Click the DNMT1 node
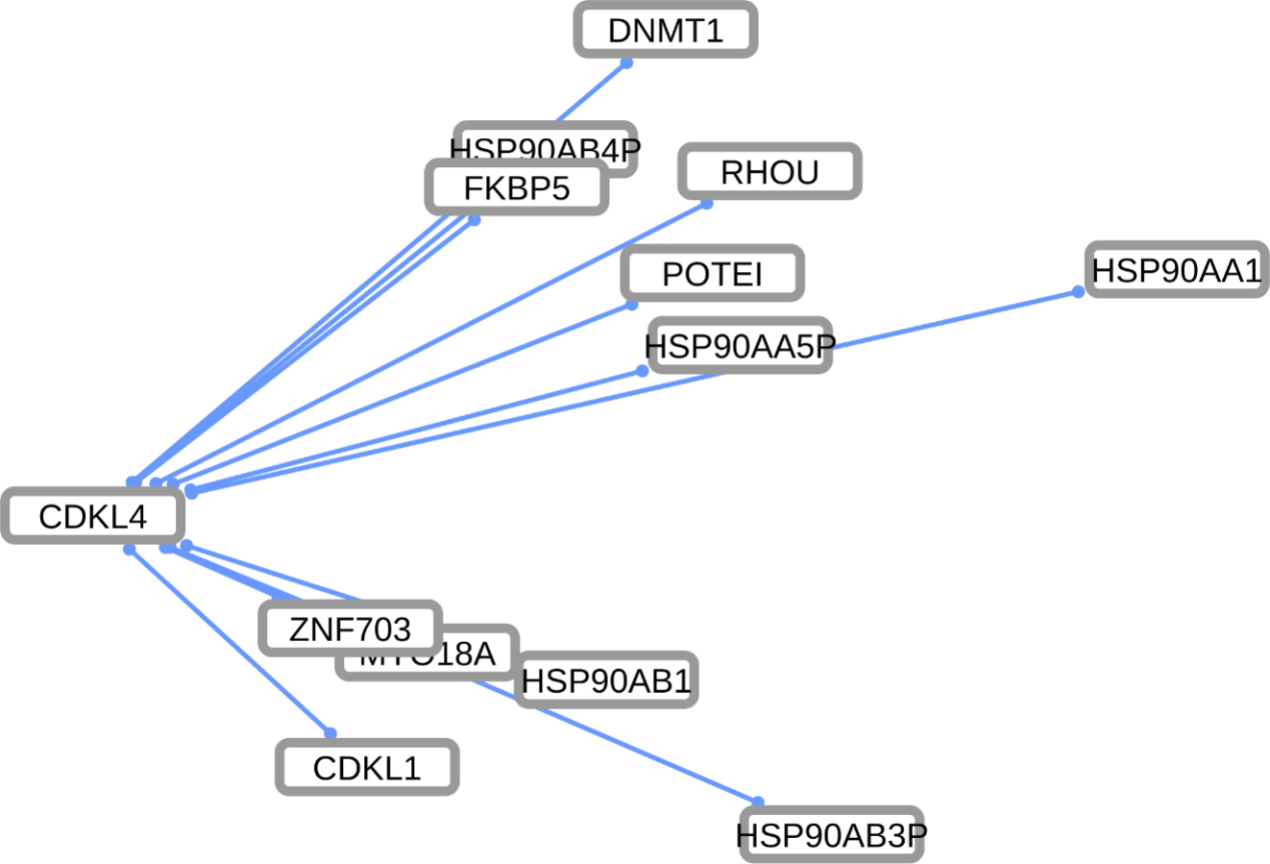click(666, 30)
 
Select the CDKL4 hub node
click(92, 516)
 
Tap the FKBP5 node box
click(517, 187)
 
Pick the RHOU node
click(769, 172)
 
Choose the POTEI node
click(712, 273)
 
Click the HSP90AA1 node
click(1175, 270)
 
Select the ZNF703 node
click(350, 629)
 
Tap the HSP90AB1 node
click(606, 680)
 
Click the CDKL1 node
click(367, 767)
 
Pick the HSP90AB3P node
click(830, 834)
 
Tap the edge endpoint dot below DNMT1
click(626, 63)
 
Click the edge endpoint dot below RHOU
click(706, 204)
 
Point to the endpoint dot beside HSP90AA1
click(1078, 291)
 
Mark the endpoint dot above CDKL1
click(330, 733)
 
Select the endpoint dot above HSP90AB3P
click(758, 802)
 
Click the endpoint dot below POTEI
click(632, 305)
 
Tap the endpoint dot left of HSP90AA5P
click(643, 371)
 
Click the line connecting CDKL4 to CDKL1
click(231, 641)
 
